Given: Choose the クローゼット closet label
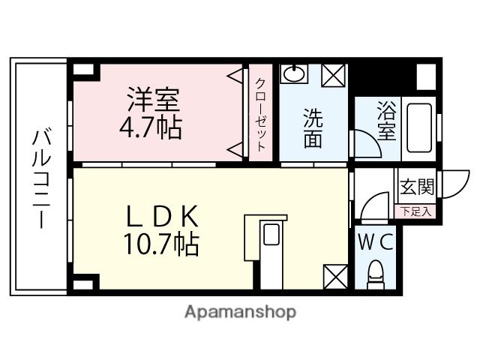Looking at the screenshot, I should [260, 115].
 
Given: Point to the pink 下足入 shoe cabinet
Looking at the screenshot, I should [415, 211].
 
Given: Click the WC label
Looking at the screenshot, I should [376, 242].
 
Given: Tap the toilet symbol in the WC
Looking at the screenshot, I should [375, 274].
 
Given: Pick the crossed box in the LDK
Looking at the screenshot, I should [335, 276].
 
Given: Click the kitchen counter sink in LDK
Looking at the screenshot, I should [271, 235].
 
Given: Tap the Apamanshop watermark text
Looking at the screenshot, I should [240, 311].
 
